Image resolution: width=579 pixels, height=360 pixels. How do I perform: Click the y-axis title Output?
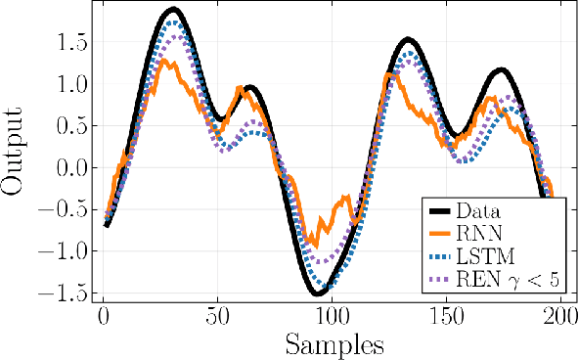(18, 154)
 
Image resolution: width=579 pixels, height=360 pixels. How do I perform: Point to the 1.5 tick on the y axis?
(70, 44)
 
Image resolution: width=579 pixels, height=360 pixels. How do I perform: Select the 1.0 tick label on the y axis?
(70, 85)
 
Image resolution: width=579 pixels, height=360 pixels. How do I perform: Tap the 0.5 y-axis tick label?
(70, 127)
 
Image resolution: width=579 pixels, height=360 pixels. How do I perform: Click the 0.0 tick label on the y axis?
(70, 168)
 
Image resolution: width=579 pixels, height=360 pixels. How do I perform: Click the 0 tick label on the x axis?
(103, 318)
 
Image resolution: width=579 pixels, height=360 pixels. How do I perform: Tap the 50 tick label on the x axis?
(217, 318)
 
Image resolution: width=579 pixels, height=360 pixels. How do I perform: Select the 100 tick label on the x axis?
(332, 318)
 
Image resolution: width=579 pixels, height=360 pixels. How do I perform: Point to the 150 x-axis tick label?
(446, 318)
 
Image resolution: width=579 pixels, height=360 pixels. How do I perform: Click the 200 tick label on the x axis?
(560, 318)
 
